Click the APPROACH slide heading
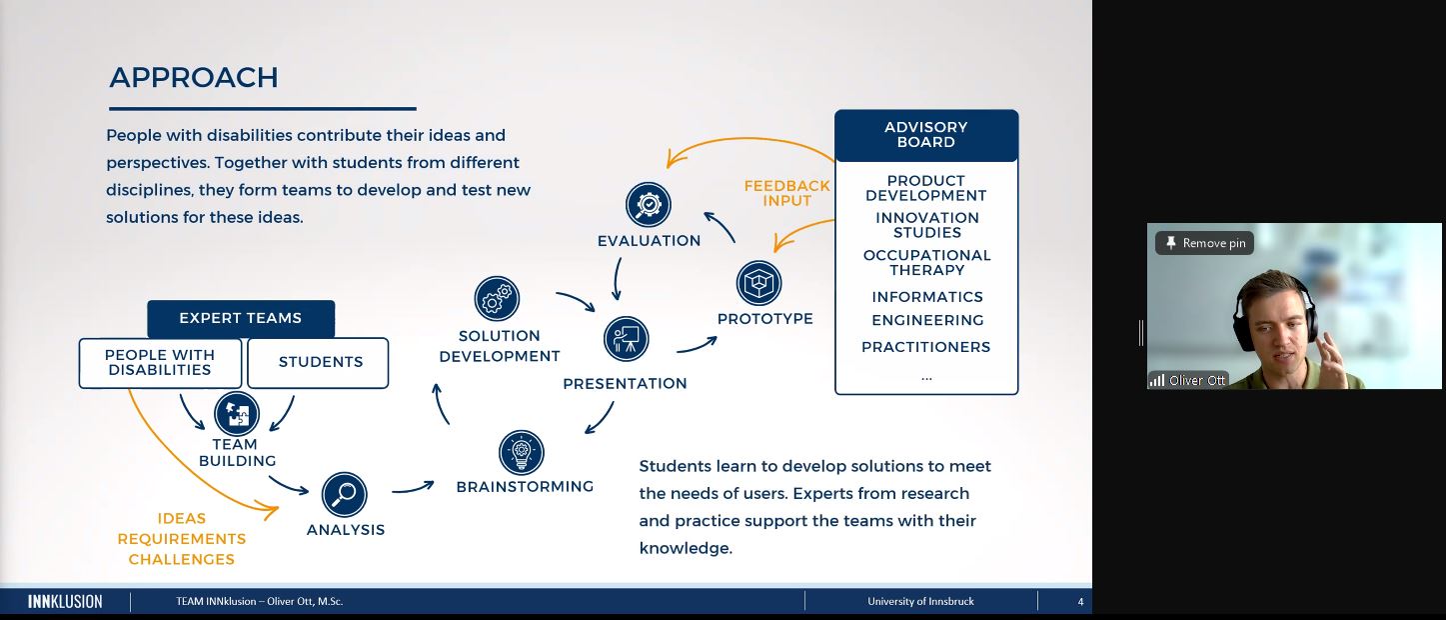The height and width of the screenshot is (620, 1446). pyautogui.click(x=194, y=78)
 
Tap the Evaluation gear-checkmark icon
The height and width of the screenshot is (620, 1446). pyautogui.click(x=649, y=204)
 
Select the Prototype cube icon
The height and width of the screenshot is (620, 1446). pyautogui.click(x=758, y=283)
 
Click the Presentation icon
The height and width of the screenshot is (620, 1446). pyautogui.click(x=627, y=340)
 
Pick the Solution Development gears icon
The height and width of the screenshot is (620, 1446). pyautogui.click(x=497, y=299)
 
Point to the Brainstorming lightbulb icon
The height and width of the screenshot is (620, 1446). pyautogui.click(x=522, y=452)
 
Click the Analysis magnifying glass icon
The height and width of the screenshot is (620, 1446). pyautogui.click(x=345, y=494)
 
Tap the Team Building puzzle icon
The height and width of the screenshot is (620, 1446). pyautogui.click(x=237, y=413)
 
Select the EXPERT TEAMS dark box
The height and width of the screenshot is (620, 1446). pyautogui.click(x=241, y=319)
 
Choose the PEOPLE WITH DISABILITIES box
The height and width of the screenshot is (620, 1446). pyautogui.click(x=160, y=363)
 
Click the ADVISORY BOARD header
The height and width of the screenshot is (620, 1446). pyautogui.click(x=926, y=135)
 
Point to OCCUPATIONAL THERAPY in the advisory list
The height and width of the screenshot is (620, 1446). pyautogui.click(x=927, y=263)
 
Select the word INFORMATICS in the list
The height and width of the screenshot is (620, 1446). pyautogui.click(x=927, y=297)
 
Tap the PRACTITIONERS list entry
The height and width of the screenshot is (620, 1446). pyautogui.click(x=926, y=347)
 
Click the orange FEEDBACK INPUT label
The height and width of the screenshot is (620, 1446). pyautogui.click(x=786, y=193)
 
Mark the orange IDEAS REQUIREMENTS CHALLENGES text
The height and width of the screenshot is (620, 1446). pyautogui.click(x=182, y=539)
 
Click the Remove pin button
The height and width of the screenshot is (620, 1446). pyautogui.click(x=1204, y=243)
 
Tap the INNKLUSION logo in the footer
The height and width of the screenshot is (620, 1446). pyautogui.click(x=65, y=601)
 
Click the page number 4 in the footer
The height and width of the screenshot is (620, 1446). pyautogui.click(x=1080, y=601)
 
